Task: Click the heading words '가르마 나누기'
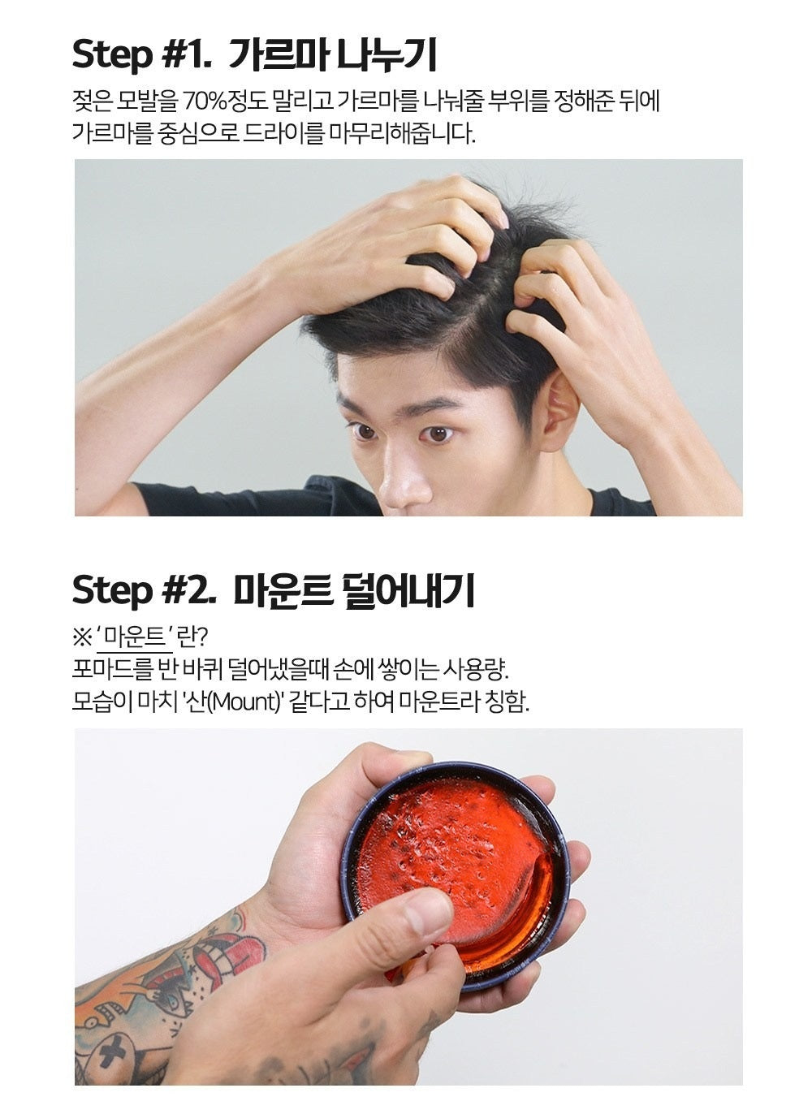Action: [333, 55]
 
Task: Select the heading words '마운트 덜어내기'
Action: [354, 590]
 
